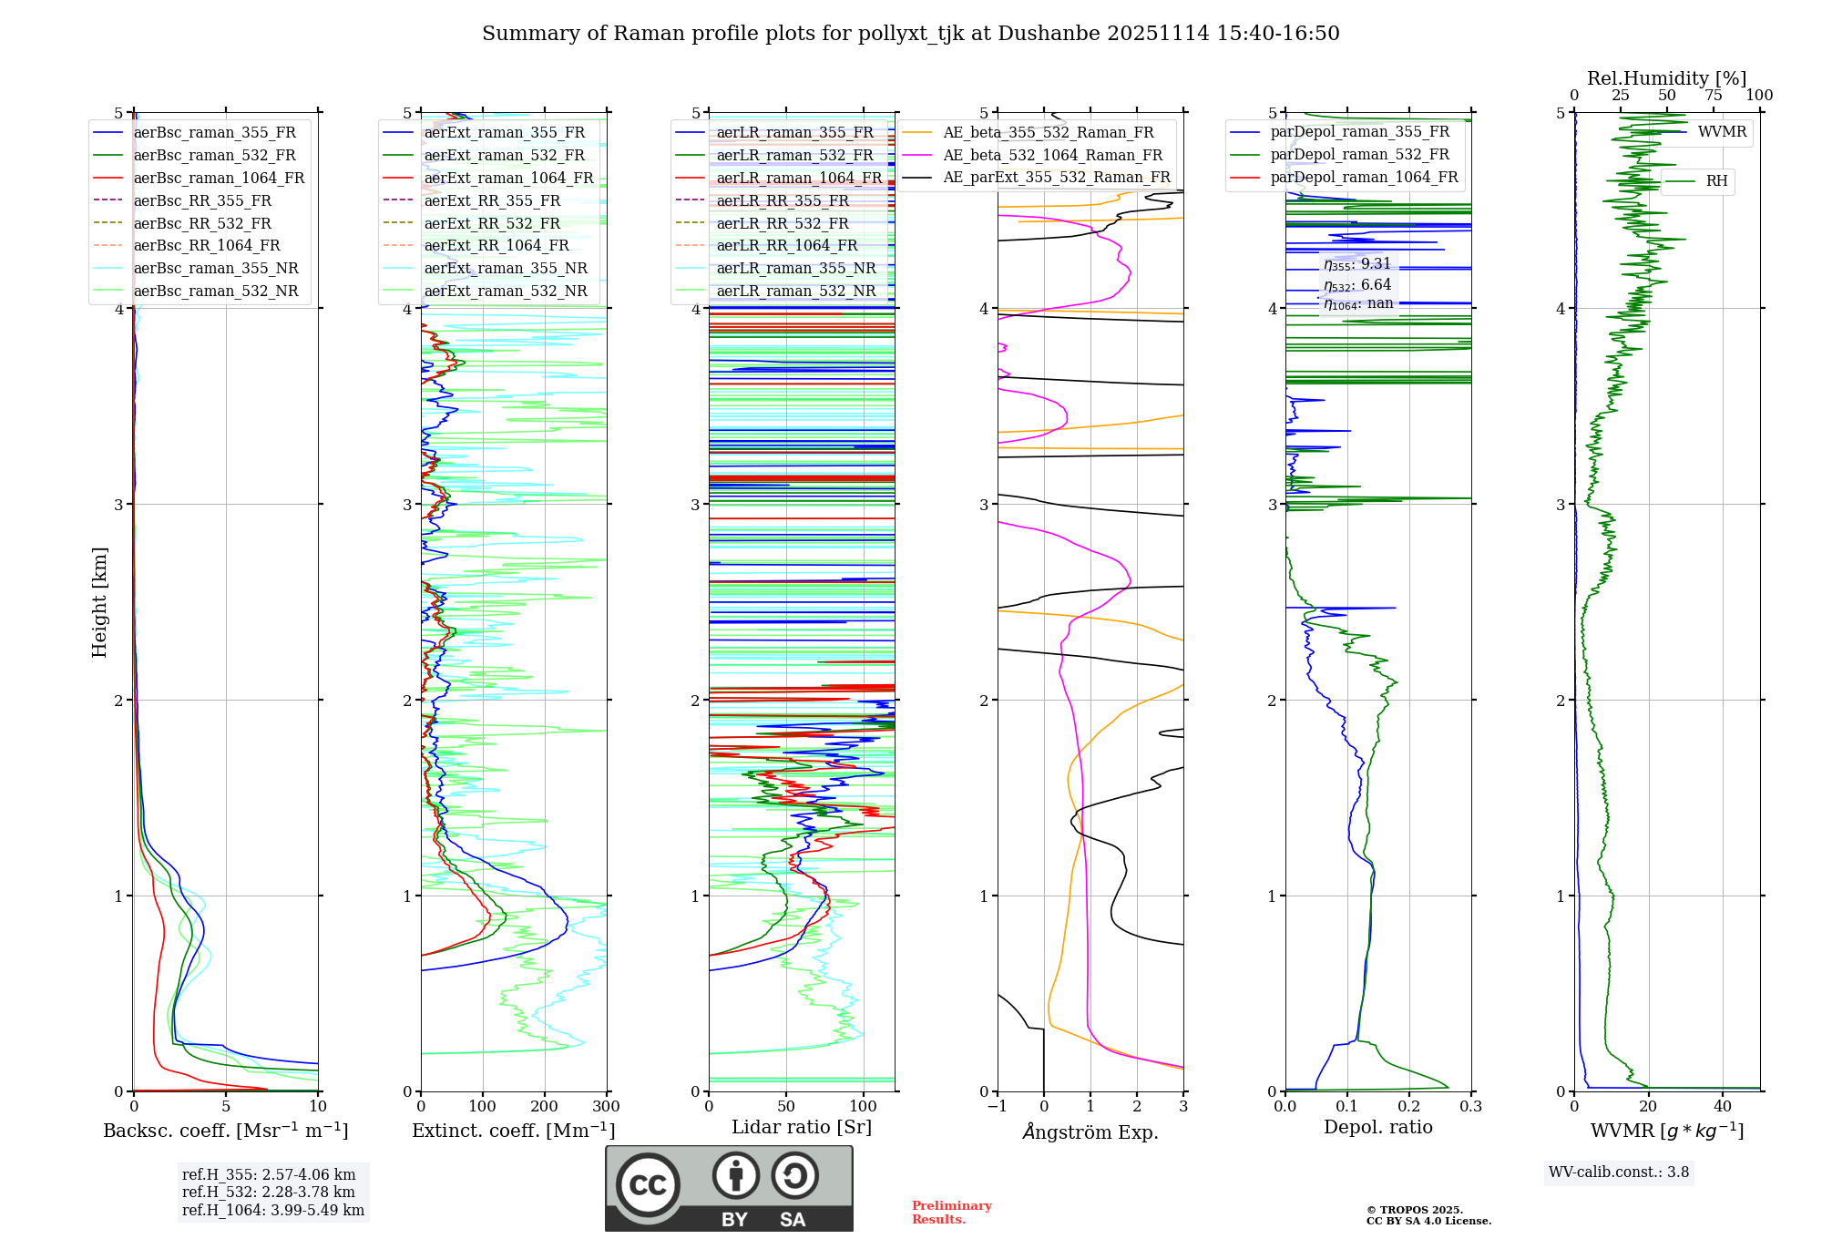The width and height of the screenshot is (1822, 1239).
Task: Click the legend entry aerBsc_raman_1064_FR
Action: pyautogui.click(x=219, y=179)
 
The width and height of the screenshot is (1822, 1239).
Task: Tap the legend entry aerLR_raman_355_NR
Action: pyautogui.click(x=795, y=269)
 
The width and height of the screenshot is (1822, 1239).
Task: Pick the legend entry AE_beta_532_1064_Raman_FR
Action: pyautogui.click(x=1052, y=156)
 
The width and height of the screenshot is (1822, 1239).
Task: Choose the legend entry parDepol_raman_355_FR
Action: pyautogui.click(x=1359, y=132)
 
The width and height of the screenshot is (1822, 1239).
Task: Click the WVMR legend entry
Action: pyautogui.click(x=1722, y=132)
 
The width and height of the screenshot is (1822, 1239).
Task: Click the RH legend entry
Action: pyautogui.click(x=1716, y=181)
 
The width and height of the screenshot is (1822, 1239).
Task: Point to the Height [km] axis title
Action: pyautogui.click(x=99, y=602)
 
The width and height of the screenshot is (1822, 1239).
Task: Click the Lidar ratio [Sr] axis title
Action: pyautogui.click(x=802, y=1127)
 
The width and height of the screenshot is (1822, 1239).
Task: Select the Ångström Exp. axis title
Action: pyautogui.click(x=1090, y=1131)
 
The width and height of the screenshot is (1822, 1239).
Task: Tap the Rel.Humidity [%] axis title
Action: pyautogui.click(x=1666, y=78)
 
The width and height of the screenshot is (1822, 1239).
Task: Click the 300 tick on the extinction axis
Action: pyautogui.click(x=607, y=1107)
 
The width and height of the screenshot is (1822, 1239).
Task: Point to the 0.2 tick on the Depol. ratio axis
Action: pyautogui.click(x=1409, y=1107)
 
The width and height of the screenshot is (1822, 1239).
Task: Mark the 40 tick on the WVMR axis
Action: pyautogui.click(x=1723, y=1107)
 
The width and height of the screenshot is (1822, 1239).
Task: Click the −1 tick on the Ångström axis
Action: pyautogui.click(x=997, y=1107)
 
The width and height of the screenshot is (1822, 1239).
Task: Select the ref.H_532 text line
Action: pyautogui.click(x=269, y=1192)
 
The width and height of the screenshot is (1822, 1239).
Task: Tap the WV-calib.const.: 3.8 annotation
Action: pyautogui.click(x=1619, y=1172)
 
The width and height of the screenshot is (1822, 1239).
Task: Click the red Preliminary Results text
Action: pyautogui.click(x=951, y=1213)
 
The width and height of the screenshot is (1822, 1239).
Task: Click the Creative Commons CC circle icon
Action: pyautogui.click(x=648, y=1185)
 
